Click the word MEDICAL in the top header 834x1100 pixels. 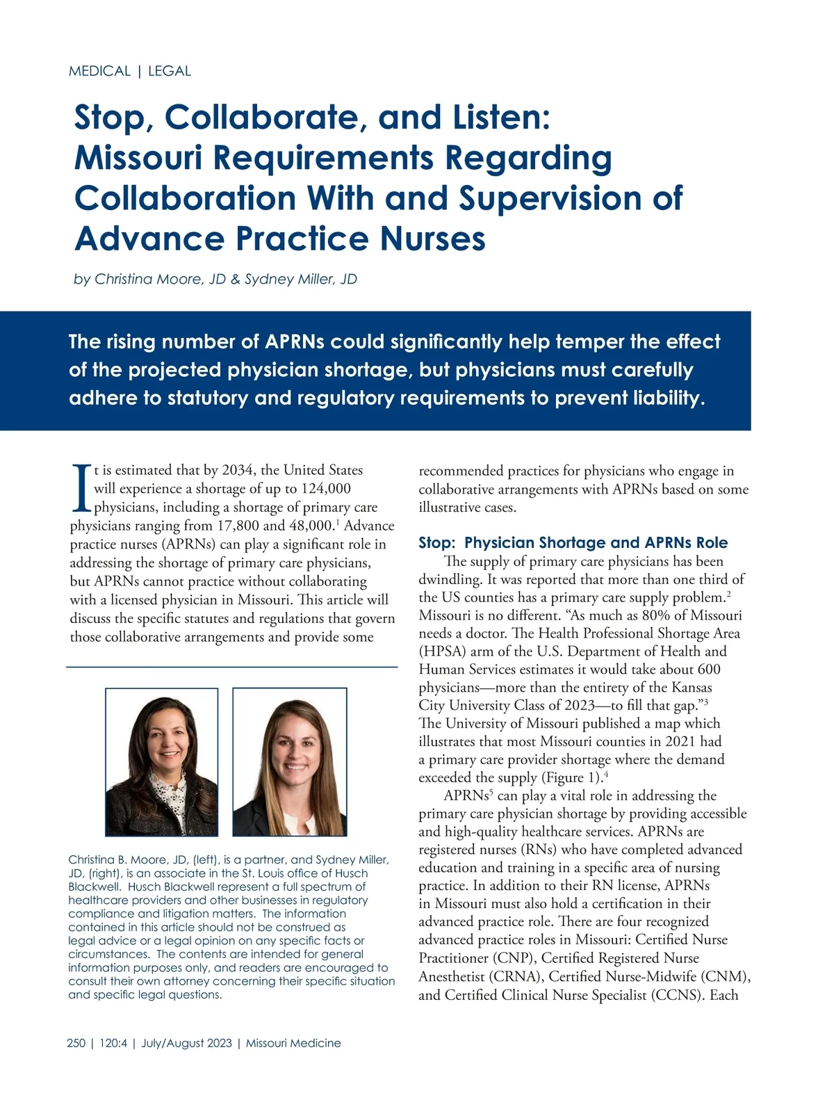(x=99, y=71)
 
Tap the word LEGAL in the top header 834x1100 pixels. (x=170, y=71)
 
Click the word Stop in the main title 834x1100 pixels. (x=113, y=118)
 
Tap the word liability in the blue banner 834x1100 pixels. (x=669, y=398)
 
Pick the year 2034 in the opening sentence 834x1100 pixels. (x=238, y=470)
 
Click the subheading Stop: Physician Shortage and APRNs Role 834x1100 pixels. (x=573, y=543)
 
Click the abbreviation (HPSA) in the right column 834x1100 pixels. (x=442, y=652)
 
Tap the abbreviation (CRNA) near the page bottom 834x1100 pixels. (x=516, y=977)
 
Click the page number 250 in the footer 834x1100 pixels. (x=76, y=1043)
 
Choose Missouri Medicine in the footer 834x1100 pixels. (x=293, y=1043)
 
